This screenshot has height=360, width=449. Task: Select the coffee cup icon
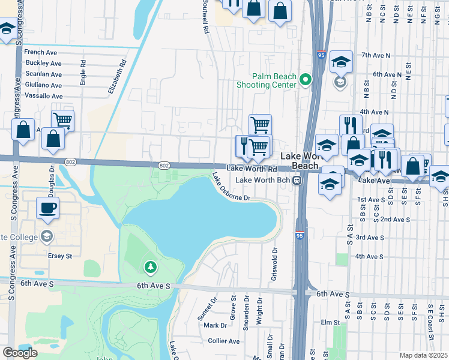tap(48, 208)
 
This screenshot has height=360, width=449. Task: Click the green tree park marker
tap(150, 266)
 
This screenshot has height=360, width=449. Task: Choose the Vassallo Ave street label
tap(43, 96)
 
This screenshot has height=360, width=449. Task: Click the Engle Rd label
tap(83, 72)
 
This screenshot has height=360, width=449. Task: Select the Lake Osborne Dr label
tap(230, 187)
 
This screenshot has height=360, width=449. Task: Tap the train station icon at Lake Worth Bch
tap(297, 180)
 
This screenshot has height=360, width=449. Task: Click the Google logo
tap(20, 352)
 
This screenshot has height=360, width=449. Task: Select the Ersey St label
tap(59, 256)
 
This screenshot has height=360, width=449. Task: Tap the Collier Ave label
tap(223, 341)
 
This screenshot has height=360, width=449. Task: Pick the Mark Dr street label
tap(215, 325)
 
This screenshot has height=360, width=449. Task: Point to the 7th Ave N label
tap(376, 55)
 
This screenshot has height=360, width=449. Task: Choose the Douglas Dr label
tap(50, 178)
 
